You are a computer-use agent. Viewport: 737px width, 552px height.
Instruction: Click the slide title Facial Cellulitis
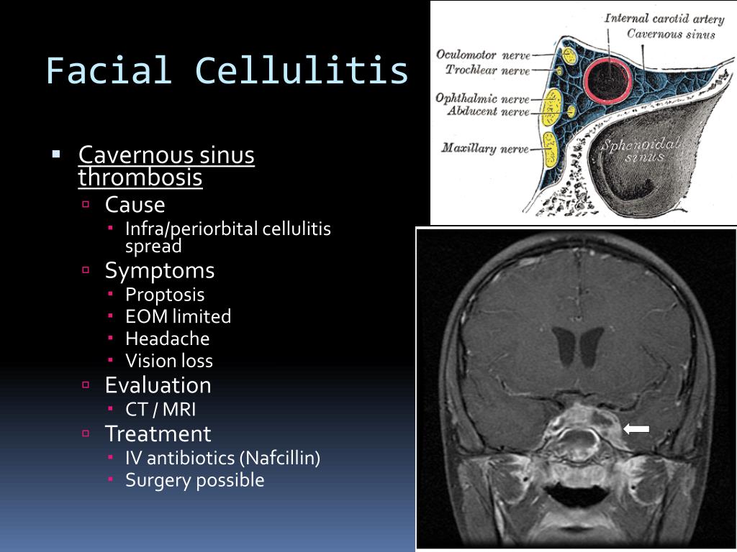[x=227, y=71]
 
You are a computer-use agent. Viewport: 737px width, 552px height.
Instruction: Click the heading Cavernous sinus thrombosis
[x=166, y=166]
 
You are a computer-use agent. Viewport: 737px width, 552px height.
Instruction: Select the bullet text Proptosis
[x=165, y=295]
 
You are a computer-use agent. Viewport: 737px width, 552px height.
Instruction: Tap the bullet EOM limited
[x=178, y=316]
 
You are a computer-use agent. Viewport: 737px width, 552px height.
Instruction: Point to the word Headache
[x=167, y=339]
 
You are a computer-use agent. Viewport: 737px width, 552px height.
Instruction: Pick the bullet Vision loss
[x=169, y=361]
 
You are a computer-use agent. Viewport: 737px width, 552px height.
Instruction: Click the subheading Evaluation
[x=158, y=385]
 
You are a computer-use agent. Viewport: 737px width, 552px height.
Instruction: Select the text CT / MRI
[x=160, y=410]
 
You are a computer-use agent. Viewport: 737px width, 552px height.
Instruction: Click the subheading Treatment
[x=158, y=434]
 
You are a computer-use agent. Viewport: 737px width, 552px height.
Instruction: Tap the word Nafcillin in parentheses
[x=280, y=458]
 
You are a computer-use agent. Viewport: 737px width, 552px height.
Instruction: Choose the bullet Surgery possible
[x=194, y=480]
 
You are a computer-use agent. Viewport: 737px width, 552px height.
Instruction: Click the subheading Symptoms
[x=159, y=271]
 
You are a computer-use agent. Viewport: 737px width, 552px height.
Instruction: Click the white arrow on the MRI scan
[x=636, y=429]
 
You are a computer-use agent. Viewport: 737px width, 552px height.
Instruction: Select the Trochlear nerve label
[x=487, y=70]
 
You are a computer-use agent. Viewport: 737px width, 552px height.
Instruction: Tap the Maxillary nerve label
[x=484, y=149]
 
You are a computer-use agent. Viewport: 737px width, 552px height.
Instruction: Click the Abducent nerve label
[x=488, y=111]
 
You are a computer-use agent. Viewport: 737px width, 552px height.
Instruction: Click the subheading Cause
[x=135, y=206]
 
